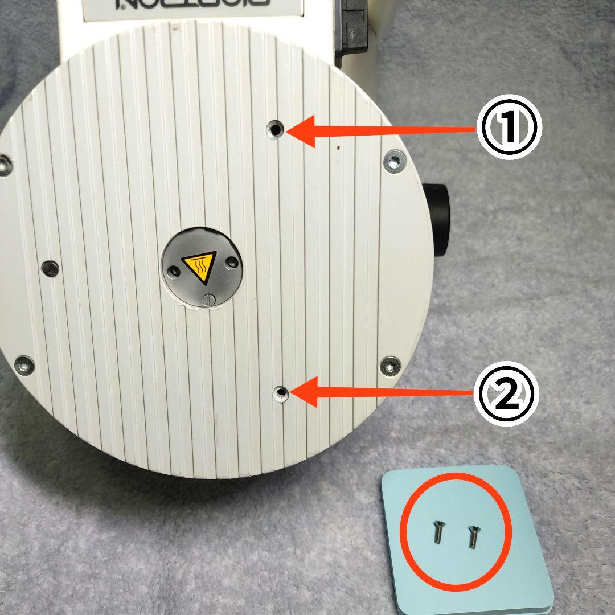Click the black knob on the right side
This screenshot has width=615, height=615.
[x=437, y=219]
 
